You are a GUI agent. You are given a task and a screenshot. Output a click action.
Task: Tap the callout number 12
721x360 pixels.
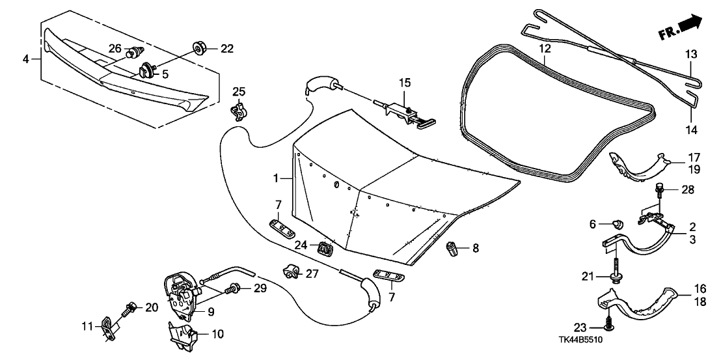point(545,49)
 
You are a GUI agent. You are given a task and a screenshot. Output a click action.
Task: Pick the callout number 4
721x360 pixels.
point(26,59)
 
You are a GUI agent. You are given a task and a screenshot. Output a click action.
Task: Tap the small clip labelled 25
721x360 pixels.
point(240,111)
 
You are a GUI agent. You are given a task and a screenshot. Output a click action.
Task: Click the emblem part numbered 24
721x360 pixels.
point(323,248)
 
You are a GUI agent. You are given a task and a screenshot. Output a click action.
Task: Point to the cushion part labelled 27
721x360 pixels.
point(288,270)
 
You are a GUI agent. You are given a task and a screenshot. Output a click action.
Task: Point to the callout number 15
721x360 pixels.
point(405,83)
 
